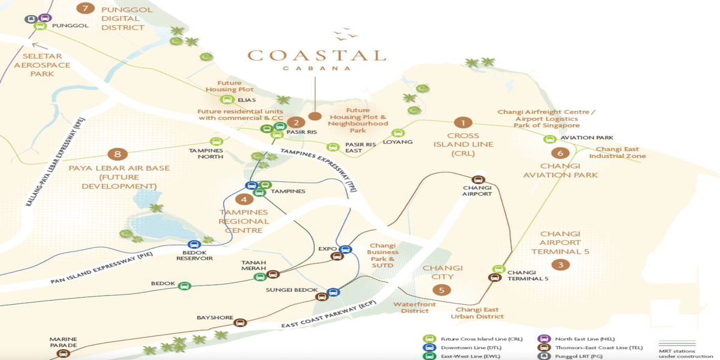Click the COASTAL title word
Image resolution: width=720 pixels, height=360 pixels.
tap(316, 56)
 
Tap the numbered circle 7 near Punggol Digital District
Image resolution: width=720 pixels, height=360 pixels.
tap(87, 8)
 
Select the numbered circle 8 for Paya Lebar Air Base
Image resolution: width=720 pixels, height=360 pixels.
tap(118, 154)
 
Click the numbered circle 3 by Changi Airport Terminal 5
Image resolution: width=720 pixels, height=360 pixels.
tap(560, 265)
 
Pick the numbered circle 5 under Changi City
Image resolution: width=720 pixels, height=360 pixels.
tap(442, 290)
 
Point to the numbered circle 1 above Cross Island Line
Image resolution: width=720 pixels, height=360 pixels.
tap(463, 123)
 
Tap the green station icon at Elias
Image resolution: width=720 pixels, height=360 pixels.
tap(227, 100)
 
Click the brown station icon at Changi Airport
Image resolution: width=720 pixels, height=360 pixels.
tap(478, 179)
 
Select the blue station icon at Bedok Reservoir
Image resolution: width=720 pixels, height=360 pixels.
tap(194, 245)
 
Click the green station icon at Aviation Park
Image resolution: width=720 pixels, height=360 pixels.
tap(549, 139)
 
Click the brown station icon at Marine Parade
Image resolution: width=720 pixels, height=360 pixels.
tap(63, 353)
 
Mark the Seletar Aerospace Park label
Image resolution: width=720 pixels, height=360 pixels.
tap(42, 65)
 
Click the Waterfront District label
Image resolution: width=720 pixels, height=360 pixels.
tap(411, 307)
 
